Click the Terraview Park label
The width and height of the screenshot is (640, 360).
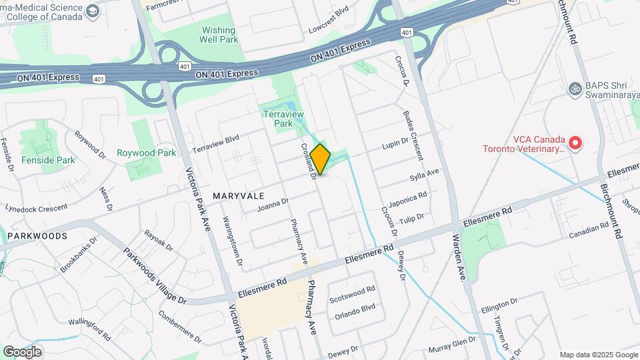278,119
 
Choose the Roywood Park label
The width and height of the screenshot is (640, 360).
146,153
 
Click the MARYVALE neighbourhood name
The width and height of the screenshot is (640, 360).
239,196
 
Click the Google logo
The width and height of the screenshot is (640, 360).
22,351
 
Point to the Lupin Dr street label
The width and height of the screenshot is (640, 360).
395,145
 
